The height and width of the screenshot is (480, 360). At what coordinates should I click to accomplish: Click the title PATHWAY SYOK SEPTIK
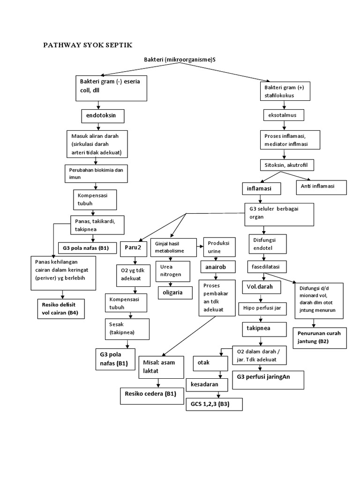88,45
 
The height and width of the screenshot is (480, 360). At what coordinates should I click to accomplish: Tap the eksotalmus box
283,115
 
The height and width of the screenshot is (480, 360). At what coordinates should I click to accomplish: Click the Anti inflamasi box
321,187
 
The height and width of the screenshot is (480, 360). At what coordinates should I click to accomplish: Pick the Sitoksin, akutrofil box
287,165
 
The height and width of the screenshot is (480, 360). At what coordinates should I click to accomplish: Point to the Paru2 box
135,247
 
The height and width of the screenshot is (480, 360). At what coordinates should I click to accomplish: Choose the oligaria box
174,292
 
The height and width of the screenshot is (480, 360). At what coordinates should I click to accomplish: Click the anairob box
216,266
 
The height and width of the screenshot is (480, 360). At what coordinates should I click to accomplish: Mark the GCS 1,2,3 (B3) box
214,404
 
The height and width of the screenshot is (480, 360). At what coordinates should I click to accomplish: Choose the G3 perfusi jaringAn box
268,377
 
